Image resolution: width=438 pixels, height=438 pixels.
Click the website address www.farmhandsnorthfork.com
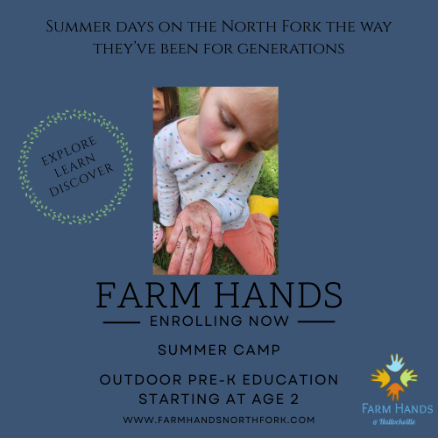pyautogui.click(x=219, y=420)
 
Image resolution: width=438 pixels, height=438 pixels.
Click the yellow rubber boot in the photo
pyautogui.click(x=263, y=207)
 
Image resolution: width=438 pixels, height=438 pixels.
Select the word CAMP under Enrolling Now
pyautogui.click(x=254, y=350)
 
